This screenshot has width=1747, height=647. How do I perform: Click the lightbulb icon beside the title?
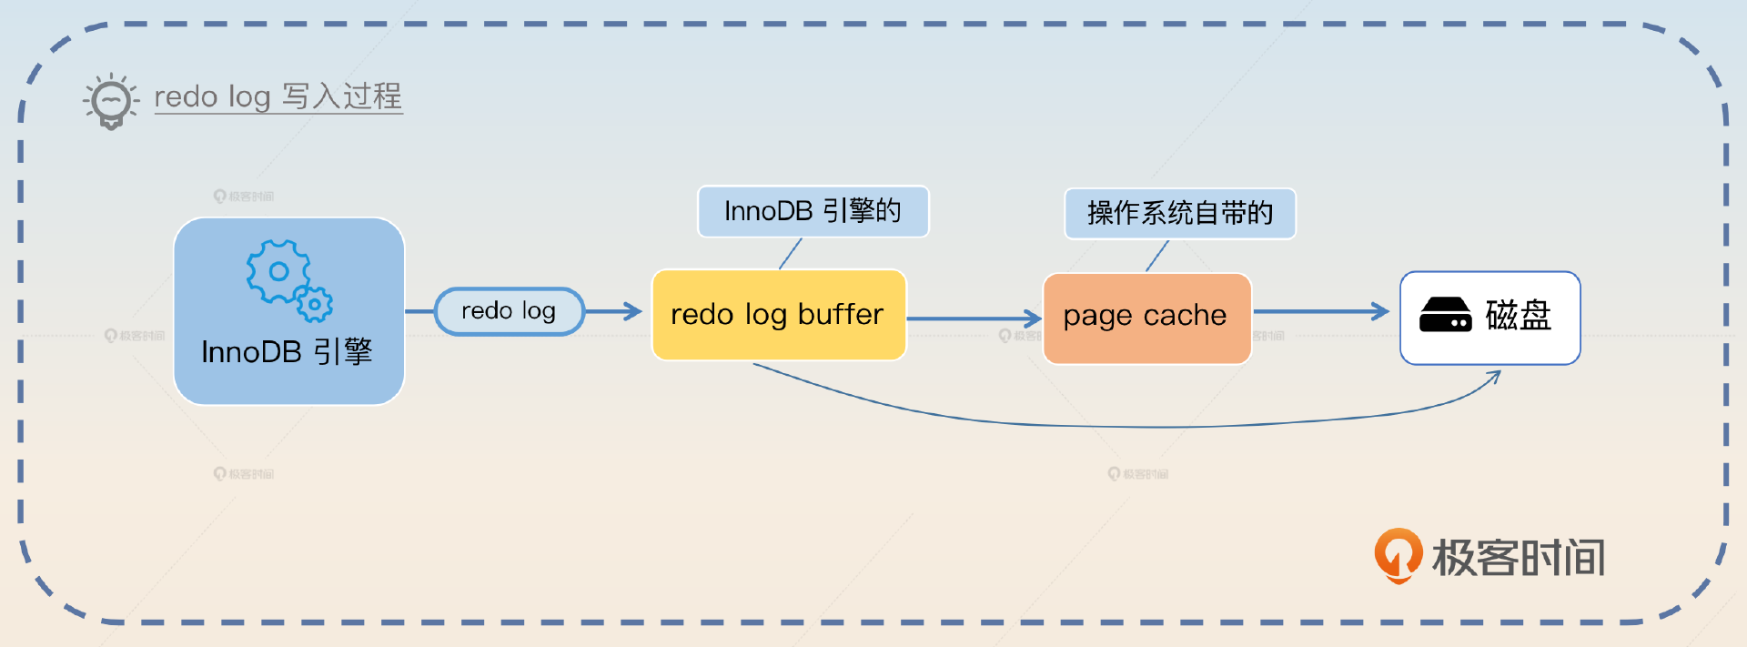click(111, 100)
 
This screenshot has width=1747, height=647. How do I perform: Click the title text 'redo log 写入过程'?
click(278, 96)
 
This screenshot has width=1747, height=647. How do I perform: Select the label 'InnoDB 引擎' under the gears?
click(287, 352)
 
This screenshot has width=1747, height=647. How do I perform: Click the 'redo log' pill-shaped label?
click(509, 311)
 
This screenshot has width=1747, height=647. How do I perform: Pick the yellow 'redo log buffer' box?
click(779, 315)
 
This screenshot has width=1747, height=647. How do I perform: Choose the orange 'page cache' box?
click(1146, 318)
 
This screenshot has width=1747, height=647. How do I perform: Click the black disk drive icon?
click(1445, 315)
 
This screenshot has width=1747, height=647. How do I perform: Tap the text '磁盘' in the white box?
click(1518, 316)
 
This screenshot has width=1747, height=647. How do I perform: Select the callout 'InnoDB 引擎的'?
click(813, 211)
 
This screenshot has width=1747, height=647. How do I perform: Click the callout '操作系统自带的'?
click(1179, 214)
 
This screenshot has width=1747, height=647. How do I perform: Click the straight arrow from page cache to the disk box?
click(1319, 312)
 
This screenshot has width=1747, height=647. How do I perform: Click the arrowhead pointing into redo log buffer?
click(634, 311)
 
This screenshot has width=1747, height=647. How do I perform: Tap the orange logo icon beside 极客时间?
click(1398, 554)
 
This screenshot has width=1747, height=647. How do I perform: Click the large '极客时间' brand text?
click(1518, 558)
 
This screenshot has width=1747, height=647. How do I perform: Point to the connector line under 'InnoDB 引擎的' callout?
click(791, 253)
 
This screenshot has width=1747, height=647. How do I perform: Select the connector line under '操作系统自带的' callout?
click(1156, 257)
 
